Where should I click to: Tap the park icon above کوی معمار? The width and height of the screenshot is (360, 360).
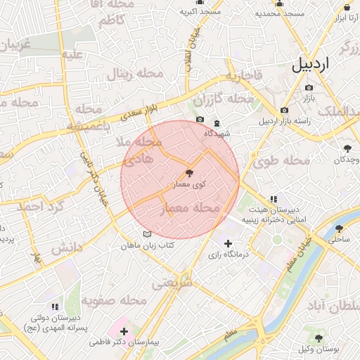[188, 173]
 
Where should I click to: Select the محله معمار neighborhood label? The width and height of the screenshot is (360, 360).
[191, 209]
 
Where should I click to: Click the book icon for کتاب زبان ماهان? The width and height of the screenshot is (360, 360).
[146, 234]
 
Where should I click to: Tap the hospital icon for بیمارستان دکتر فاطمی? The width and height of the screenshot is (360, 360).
[124, 330]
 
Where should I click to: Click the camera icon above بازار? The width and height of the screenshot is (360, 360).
[309, 88]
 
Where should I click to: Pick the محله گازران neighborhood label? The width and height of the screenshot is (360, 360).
[222, 100]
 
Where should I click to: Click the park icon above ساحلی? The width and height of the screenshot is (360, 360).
[340, 229]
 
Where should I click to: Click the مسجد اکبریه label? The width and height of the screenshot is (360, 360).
[200, 12]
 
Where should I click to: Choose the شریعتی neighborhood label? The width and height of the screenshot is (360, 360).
[172, 283]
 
